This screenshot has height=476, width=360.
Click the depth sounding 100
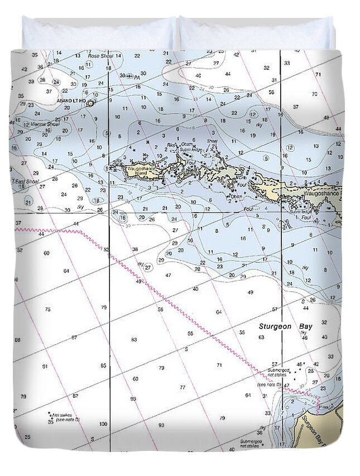103,424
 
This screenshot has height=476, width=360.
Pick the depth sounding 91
45,366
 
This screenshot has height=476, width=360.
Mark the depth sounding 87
74,338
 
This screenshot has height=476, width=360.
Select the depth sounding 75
47,309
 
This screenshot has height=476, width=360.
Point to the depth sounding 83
134,339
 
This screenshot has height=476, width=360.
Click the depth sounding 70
314,94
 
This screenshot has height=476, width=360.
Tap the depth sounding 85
103,366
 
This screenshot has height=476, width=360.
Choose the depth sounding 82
75,395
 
